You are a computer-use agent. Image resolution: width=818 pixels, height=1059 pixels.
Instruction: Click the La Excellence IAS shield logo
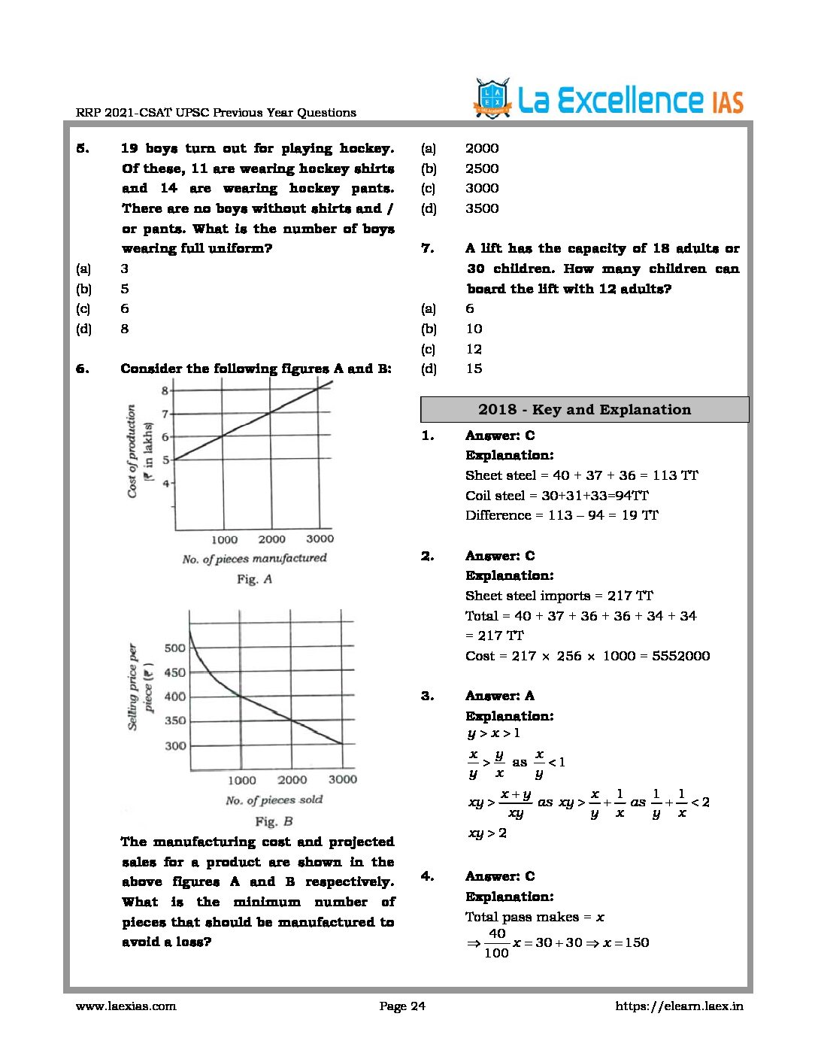[x=492, y=99]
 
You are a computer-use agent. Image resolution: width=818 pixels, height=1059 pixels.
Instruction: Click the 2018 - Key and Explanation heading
[x=584, y=410]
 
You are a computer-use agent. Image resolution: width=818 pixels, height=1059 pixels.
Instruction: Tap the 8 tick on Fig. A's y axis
[x=165, y=390]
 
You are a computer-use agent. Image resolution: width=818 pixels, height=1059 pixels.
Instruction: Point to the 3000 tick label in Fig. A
[x=320, y=539]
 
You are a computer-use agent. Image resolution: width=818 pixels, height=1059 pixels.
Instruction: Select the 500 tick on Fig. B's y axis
[x=174, y=648]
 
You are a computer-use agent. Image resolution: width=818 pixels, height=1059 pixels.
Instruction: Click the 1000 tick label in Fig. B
[x=242, y=781]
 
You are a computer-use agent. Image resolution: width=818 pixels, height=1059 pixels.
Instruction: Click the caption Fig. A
[x=254, y=579]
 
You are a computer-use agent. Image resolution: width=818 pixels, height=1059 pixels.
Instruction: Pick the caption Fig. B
[x=274, y=821]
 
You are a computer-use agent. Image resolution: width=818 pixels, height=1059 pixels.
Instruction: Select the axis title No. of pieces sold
[x=274, y=800]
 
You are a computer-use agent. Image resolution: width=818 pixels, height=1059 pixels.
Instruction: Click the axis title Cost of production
[x=132, y=451]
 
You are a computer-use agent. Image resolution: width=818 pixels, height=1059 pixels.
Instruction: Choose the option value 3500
[x=482, y=208]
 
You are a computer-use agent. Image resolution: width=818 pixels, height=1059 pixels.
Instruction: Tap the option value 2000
[x=482, y=148]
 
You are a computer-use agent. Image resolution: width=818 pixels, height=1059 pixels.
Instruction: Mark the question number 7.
[x=427, y=248]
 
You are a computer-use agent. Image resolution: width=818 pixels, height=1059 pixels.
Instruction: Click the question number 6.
[x=82, y=369]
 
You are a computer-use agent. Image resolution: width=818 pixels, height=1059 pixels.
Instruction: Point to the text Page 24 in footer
[x=402, y=1006]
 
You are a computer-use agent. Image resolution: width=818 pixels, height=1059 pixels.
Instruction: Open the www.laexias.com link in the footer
[x=126, y=1006]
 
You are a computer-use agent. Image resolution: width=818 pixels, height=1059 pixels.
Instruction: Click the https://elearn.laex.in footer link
[x=679, y=1006]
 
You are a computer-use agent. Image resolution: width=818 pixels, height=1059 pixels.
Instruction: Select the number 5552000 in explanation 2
[x=680, y=656]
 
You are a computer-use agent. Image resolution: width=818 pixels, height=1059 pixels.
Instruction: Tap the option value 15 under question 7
[x=474, y=369]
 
